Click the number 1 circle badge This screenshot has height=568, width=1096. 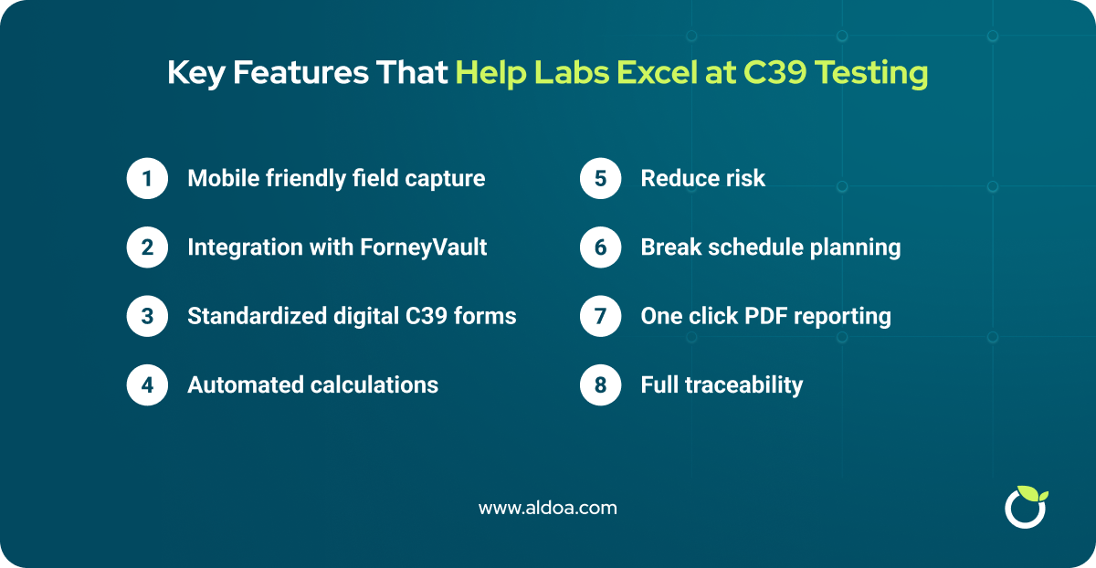tap(147, 178)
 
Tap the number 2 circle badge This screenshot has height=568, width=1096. tap(147, 247)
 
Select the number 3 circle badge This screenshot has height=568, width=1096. tap(147, 316)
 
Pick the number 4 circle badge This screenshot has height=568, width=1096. tap(147, 385)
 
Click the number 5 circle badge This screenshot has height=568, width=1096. tap(600, 178)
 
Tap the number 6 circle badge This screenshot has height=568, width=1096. tap(600, 247)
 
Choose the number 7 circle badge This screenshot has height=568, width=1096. tap(600, 316)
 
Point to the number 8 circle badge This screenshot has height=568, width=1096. tap(600, 385)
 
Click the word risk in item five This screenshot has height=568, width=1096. tap(745, 178)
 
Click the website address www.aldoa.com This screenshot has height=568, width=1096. tap(548, 508)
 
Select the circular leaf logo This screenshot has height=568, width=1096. tap(1025, 506)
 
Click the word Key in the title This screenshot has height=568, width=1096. tap(196, 73)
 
